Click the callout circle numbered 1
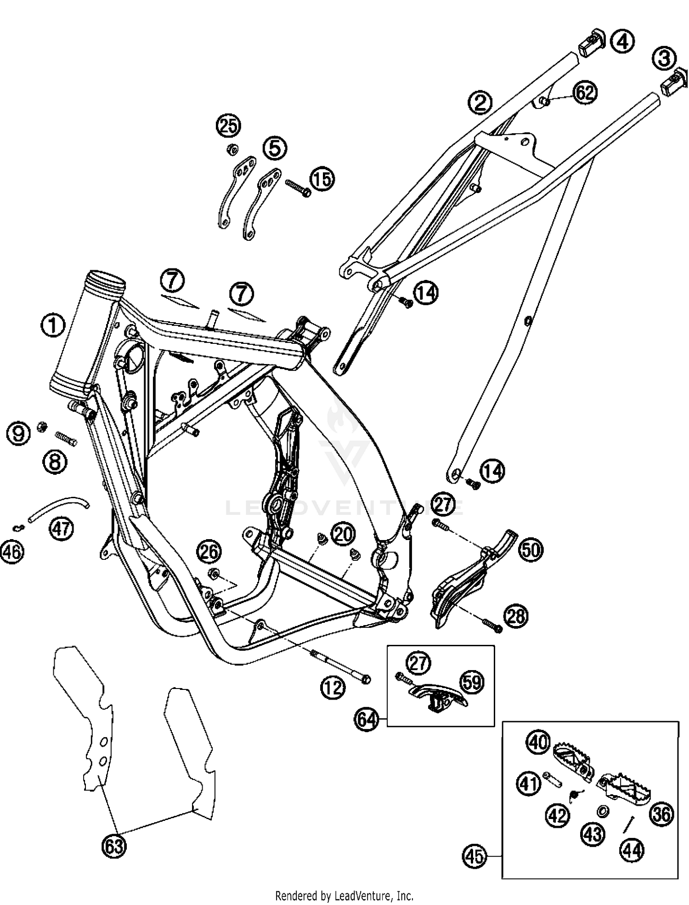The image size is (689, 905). point(53,326)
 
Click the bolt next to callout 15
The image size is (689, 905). point(298,188)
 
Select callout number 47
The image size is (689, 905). point(62,528)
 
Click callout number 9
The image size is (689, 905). point(19,433)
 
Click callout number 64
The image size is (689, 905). point(367,719)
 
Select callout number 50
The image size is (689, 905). point(531,550)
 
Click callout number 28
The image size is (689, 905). point(515,616)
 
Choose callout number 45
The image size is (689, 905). point(475,855)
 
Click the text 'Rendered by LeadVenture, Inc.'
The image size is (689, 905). point(344,895)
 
